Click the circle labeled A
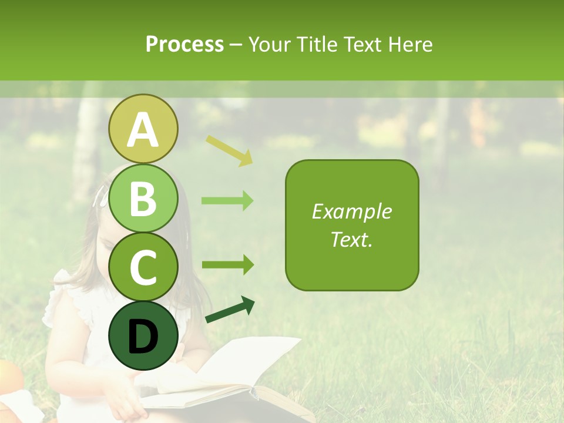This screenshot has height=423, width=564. click(143, 129)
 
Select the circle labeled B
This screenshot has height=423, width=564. click(143, 198)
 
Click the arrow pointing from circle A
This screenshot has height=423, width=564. click(229, 150)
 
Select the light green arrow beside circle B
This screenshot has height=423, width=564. click(227, 201)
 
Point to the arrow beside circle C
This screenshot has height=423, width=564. click(227, 264)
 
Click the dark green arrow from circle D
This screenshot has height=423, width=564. click(230, 310)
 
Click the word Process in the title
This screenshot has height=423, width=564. click(184, 45)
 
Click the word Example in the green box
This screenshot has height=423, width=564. click(352, 211)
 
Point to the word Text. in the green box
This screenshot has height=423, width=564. click(352, 239)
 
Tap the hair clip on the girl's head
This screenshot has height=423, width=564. click(102, 196)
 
